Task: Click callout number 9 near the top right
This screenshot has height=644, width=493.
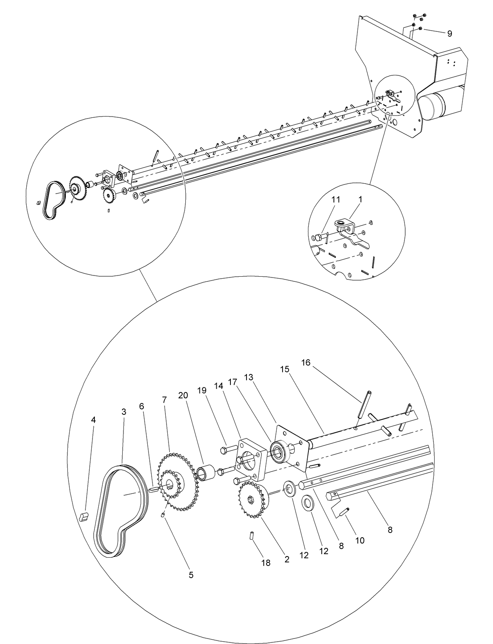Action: click(449, 34)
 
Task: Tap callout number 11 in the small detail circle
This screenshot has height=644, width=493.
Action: click(335, 200)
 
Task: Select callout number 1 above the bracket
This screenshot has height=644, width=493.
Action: click(360, 200)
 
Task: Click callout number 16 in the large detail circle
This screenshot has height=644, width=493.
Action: click(306, 363)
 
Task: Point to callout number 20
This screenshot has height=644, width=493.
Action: click(183, 395)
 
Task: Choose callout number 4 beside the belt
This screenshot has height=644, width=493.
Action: click(93, 420)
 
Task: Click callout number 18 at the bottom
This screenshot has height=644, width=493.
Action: click(266, 563)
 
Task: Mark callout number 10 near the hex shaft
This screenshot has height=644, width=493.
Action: click(360, 540)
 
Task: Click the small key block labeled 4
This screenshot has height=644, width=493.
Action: click(83, 516)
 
